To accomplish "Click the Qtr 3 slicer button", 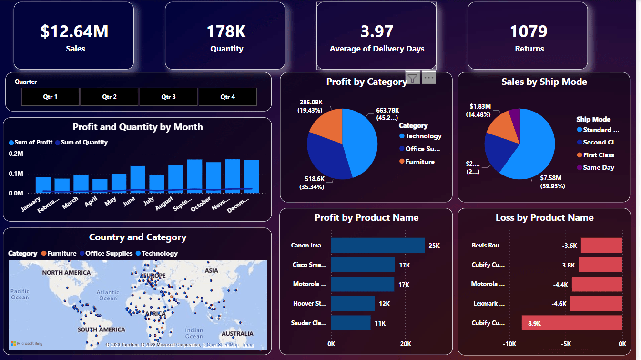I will point(168,97).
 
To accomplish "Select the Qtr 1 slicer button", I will point(50,97).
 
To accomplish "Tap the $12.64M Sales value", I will point(74,31).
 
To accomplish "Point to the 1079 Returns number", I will point(529,31).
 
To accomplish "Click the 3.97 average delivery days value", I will point(376,31).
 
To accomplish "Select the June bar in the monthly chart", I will point(138,180).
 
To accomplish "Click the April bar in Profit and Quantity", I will point(100,186).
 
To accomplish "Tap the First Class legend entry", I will point(598,155).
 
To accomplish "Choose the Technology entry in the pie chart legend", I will point(423,136).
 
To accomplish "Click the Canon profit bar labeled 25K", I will point(377,245).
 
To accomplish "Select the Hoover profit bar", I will point(353,303).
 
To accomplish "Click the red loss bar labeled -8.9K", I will point(572,323).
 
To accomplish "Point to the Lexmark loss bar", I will point(596,303).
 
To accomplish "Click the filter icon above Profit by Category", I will point(413,78).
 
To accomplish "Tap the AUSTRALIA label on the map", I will point(237,333).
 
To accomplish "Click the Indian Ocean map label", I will point(194,333).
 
